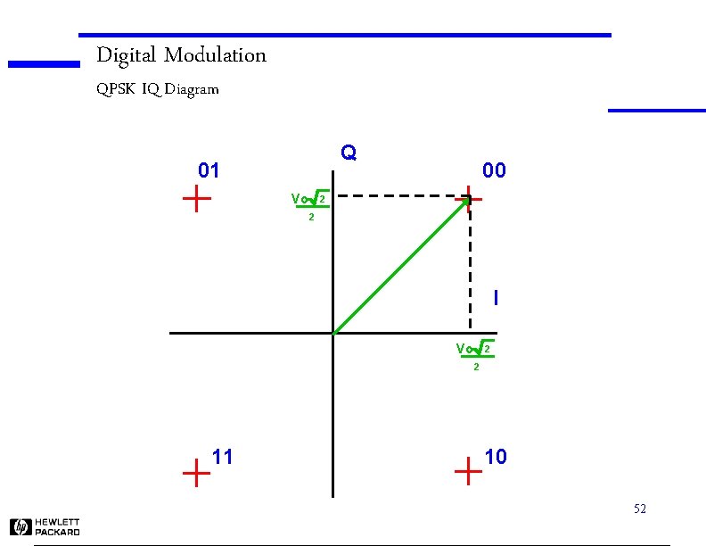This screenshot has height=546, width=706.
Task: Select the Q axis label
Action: pyautogui.click(x=349, y=153)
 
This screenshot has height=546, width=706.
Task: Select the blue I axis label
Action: pyautogui.click(x=496, y=297)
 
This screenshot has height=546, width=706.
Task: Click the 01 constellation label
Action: pyautogui.click(x=209, y=170)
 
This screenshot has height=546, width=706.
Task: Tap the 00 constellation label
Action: pyautogui.click(x=494, y=170)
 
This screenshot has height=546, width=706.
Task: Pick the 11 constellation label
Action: pyautogui.click(x=223, y=457)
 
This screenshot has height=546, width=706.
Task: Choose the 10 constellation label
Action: pyautogui.click(x=496, y=457)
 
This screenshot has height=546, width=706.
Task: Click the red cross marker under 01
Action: pyautogui.click(x=196, y=199)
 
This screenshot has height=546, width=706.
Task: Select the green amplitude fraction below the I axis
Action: pyautogui.click(x=475, y=355)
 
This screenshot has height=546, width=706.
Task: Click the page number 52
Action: pyautogui.click(x=639, y=509)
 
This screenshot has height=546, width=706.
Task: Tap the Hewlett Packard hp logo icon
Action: pyautogui.click(x=21, y=527)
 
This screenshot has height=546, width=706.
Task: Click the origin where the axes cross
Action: pyautogui.click(x=332, y=334)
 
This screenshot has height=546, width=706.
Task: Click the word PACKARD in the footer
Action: pyautogui.click(x=58, y=532)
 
